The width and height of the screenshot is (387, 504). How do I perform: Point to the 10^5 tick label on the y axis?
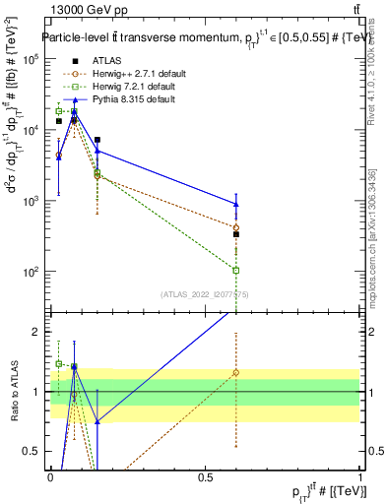click(30, 59)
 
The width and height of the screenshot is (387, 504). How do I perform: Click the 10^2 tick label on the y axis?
click(30, 272)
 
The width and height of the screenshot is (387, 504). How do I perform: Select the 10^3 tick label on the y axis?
click(30, 201)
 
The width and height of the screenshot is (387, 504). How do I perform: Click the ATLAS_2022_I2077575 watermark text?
click(205, 293)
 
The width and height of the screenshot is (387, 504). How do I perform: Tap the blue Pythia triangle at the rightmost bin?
click(235, 204)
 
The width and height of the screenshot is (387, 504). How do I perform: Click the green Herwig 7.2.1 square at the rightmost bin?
click(235, 270)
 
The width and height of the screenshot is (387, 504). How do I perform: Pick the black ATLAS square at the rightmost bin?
click(235, 234)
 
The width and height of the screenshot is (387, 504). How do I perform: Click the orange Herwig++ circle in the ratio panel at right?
click(235, 372)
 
